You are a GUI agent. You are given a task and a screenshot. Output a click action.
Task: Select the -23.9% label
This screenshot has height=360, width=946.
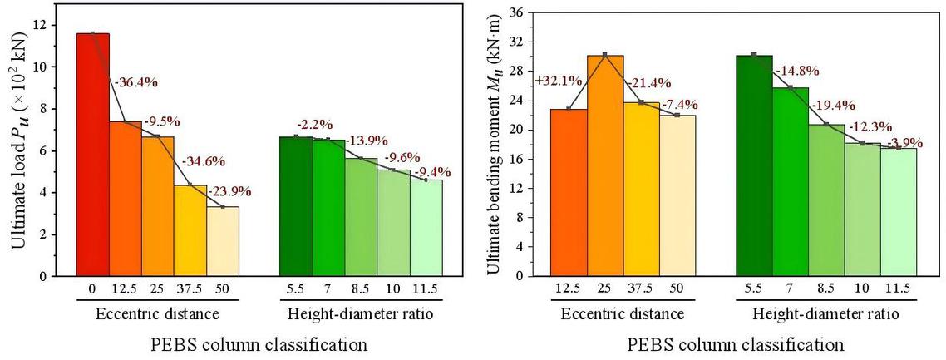[x=227, y=190]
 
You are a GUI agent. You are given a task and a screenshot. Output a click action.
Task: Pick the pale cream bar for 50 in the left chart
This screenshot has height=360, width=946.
[x=223, y=240]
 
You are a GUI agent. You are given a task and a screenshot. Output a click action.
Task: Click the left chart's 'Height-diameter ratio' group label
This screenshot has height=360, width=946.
[x=362, y=313]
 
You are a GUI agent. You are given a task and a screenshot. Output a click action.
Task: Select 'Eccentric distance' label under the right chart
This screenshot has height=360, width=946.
[x=623, y=313]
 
